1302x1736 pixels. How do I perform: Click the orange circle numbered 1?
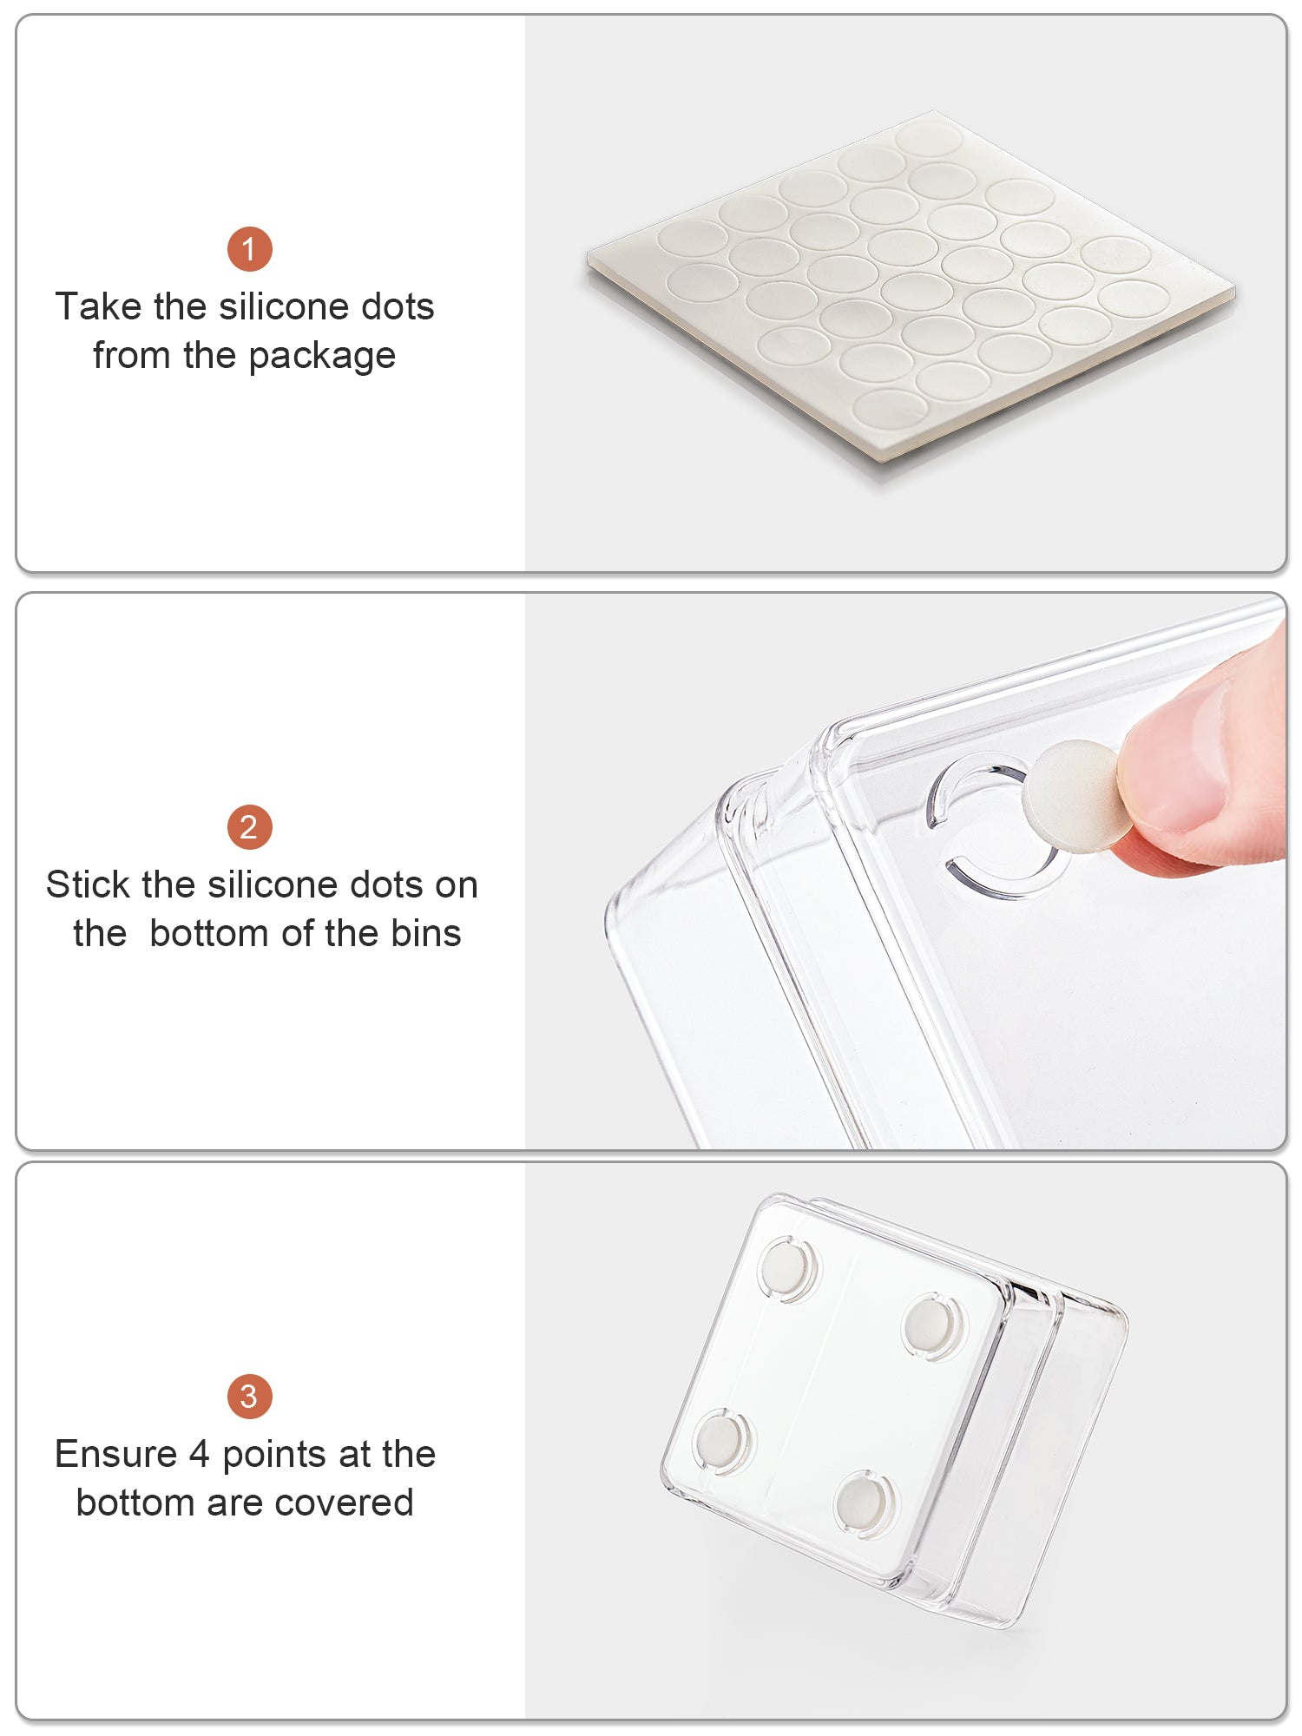[250, 249]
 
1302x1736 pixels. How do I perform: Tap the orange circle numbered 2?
[250, 827]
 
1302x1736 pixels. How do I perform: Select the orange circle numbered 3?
[250, 1397]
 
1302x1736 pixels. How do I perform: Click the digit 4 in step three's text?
[200, 1454]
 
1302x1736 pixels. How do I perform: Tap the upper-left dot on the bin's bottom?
[787, 1267]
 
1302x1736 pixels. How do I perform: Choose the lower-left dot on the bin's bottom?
[722, 1441]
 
